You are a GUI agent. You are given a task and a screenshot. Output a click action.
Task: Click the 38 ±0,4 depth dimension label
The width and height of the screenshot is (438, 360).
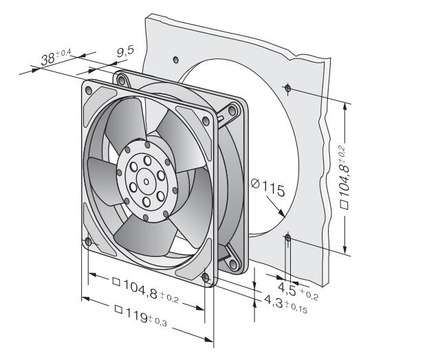[56, 58]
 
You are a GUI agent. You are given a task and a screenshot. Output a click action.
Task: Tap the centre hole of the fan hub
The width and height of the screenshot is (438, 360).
[146, 180]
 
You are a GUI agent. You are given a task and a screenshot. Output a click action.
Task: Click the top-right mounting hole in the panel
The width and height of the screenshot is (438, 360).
[287, 87]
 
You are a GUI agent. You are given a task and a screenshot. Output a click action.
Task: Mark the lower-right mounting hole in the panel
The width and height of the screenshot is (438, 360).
[287, 238]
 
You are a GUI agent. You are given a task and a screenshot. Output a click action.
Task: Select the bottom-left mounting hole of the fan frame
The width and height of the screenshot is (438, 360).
[87, 241]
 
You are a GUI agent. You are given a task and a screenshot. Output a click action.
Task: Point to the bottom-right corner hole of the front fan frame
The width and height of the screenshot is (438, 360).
[205, 277]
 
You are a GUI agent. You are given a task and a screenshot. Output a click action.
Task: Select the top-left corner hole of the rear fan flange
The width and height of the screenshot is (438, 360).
[122, 80]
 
